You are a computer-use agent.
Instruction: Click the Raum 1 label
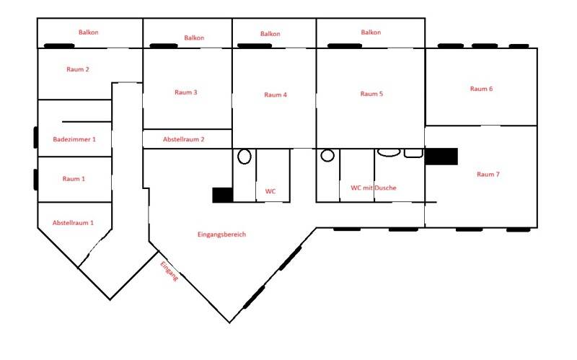(74, 179)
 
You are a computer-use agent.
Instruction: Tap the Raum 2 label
(78, 69)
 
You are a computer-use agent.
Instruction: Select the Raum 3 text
(186, 92)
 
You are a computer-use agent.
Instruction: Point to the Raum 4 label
(276, 95)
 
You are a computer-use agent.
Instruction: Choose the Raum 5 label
(371, 94)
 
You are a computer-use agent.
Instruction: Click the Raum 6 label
(481, 89)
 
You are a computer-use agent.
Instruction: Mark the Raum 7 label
(488, 175)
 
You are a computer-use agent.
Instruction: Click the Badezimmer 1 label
(74, 139)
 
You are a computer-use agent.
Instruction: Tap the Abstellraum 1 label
(73, 223)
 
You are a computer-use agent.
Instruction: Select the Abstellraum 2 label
(184, 139)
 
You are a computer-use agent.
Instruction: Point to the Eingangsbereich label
(221, 234)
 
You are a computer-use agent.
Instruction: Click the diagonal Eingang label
(169, 271)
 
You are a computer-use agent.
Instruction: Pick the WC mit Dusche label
(374, 188)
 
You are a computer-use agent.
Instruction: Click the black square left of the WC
(223, 195)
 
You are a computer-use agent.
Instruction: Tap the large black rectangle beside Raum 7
(441, 157)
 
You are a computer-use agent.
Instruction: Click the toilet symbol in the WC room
(245, 157)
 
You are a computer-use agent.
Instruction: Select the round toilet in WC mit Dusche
(327, 155)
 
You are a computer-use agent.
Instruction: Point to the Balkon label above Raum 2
(88, 32)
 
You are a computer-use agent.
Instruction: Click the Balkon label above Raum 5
(371, 32)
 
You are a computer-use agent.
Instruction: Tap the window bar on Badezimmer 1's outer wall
(35, 137)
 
